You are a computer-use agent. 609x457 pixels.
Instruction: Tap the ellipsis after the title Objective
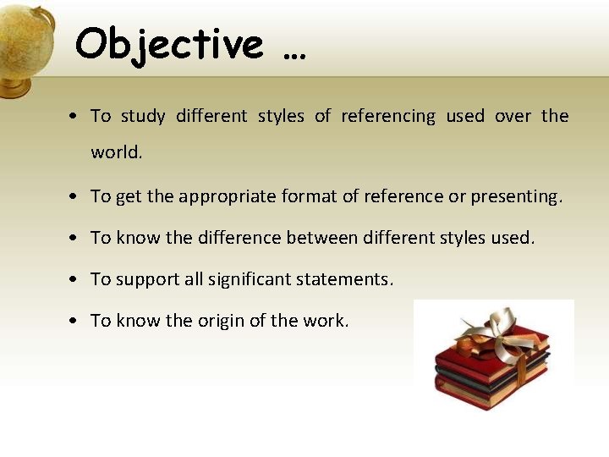294,55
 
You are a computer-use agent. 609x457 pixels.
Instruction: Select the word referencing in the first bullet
388,116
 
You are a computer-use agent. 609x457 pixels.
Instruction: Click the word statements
348,279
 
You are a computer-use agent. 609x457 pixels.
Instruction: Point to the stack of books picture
494,360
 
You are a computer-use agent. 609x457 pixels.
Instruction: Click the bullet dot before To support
76,280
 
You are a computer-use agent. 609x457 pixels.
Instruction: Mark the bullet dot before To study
76,117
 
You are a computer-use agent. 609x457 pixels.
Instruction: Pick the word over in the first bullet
513,116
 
